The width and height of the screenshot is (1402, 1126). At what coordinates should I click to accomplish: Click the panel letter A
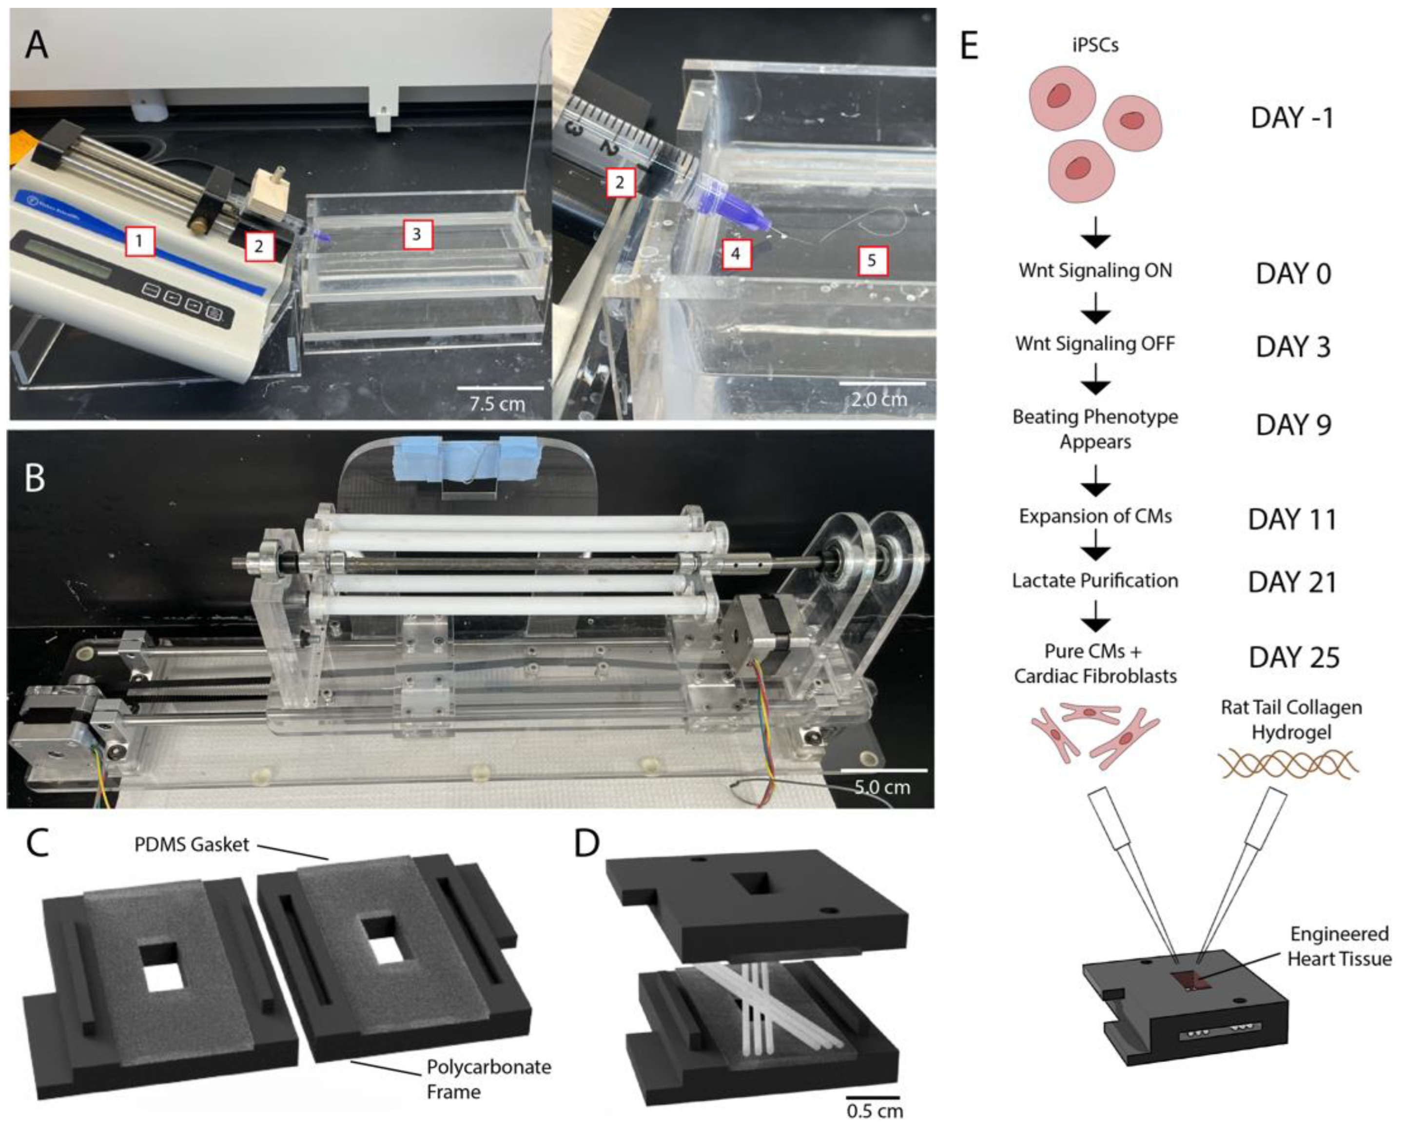(37, 45)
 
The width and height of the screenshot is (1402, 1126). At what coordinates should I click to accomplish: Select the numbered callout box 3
(417, 234)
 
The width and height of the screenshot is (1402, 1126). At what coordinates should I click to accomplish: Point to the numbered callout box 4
(736, 253)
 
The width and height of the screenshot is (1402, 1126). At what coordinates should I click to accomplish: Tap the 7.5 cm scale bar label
(497, 403)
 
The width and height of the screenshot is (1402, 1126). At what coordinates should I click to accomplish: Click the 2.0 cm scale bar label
(879, 399)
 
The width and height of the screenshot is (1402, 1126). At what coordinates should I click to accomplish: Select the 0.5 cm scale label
(875, 1110)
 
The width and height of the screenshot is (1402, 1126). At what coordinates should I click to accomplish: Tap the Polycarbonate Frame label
(489, 1079)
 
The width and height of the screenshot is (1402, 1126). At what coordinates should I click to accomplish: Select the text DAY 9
(1293, 425)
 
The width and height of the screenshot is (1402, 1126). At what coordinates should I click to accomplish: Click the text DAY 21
(1292, 582)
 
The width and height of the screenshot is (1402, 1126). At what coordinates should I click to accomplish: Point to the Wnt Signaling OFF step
(1095, 343)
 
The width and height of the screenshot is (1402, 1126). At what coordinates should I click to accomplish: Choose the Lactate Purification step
(1095, 580)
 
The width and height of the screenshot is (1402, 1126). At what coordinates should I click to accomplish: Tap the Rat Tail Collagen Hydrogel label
(1291, 719)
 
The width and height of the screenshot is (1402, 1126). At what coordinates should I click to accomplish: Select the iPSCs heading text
(1095, 45)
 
